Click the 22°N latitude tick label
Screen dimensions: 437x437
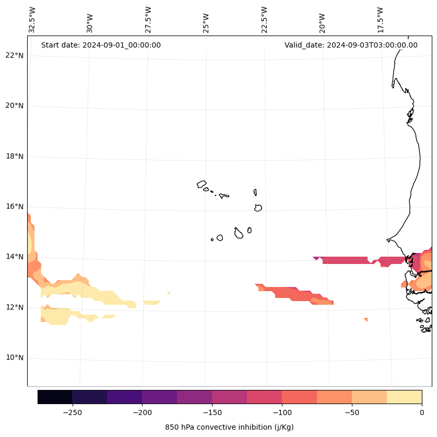pyautogui.click(x=15, y=56)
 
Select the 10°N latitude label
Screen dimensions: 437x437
pyautogui.click(x=15, y=358)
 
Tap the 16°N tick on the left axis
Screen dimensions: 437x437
pyautogui.click(x=15, y=207)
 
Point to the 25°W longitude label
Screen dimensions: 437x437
pyautogui.click(x=206, y=19)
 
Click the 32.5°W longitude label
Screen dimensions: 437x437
pyautogui.click(x=32, y=19)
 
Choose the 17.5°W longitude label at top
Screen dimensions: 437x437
pyautogui.click(x=380, y=19)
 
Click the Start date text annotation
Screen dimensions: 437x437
pyautogui.click(x=101, y=45)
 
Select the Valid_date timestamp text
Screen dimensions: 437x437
pyautogui.click(x=351, y=45)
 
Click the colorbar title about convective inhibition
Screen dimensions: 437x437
pyautogui.click(x=229, y=427)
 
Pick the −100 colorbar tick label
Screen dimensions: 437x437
pyautogui.click(x=282, y=412)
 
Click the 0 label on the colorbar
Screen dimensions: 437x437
pyautogui.click(x=422, y=412)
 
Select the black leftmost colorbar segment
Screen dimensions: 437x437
pyautogui.click(x=55, y=397)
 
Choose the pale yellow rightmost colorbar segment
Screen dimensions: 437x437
pyautogui.click(x=404, y=397)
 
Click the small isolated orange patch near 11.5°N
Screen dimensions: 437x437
pyautogui.click(x=366, y=319)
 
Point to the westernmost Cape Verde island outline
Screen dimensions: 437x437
pyautogui.click(x=202, y=184)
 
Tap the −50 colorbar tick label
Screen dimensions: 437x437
pyautogui.click(x=352, y=412)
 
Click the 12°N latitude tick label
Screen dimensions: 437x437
pyautogui.click(x=15, y=307)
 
